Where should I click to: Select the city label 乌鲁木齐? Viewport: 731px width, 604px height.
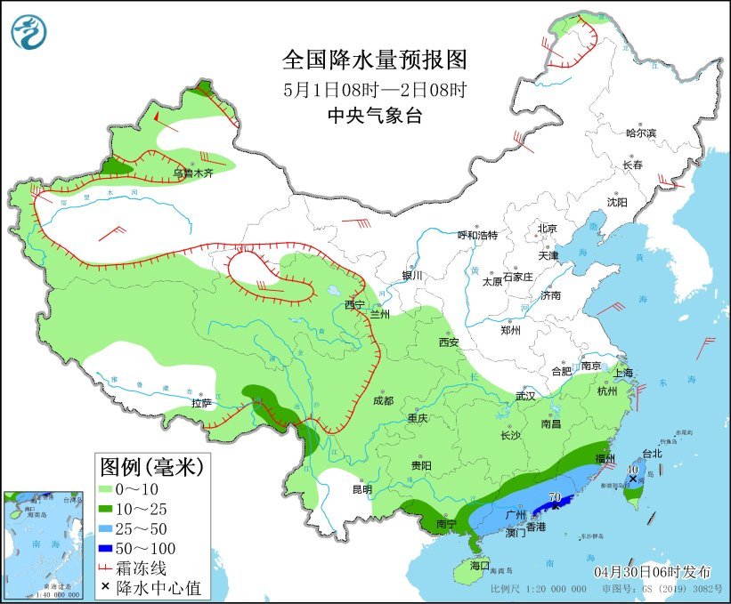[193, 173]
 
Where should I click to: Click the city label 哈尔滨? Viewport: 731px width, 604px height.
[639, 133]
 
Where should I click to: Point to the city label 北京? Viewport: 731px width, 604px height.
[547, 229]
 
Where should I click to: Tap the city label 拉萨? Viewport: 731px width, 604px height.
[200, 403]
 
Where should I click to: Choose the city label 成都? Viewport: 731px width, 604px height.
[382, 400]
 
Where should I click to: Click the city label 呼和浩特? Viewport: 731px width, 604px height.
[477, 236]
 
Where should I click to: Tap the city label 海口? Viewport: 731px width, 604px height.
[479, 565]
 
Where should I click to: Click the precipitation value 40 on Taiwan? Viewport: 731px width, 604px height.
[632, 469]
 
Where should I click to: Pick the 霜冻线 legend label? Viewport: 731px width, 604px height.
[156, 568]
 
